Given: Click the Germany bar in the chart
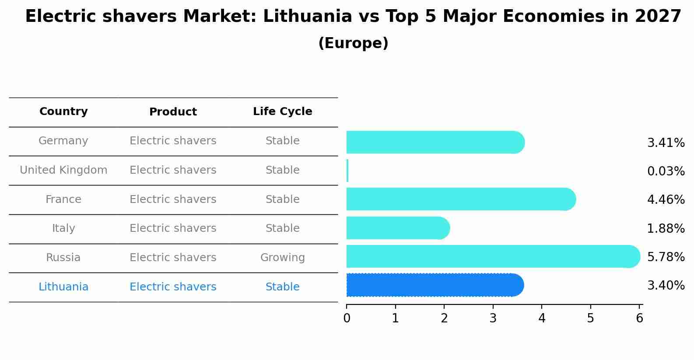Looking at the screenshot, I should pos(435,142).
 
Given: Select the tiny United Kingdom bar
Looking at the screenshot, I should pos(347,171).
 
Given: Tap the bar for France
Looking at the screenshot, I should pos(460,199).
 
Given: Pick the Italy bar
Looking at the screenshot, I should pos(397,228).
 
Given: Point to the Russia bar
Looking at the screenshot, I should pos(493,256).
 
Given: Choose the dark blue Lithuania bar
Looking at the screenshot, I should pos(435,285).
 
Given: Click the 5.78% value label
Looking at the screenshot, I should pos(666,257).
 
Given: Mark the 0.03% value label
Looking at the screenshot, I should pos(666,171).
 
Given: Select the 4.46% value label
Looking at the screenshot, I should pos(666,200).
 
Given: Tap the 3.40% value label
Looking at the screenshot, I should pos(666,286).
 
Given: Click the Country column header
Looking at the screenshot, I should pos(63,112).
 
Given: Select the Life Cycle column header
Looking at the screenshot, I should pos(282,112).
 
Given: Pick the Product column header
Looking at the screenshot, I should pos(173,112).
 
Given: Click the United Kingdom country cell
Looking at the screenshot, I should pos(63,170).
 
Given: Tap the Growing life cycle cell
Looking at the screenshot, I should pos(282,258).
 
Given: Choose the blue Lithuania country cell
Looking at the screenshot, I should pos(63,287).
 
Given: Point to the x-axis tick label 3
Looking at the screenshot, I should pos(493,318).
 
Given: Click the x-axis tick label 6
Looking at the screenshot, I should pos(639,318).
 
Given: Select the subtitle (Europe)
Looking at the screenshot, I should pos(353,43).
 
